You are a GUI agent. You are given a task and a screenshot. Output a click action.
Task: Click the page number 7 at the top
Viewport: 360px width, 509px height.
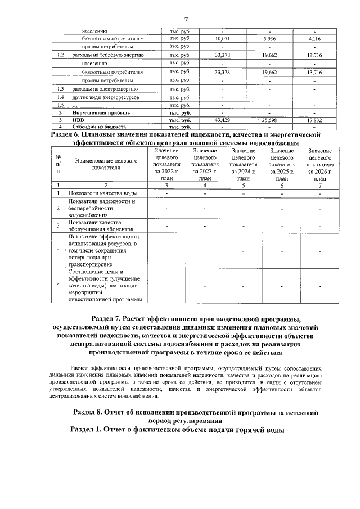tap(185, 20)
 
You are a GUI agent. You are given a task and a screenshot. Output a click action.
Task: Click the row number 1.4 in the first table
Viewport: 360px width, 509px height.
tap(60, 98)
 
